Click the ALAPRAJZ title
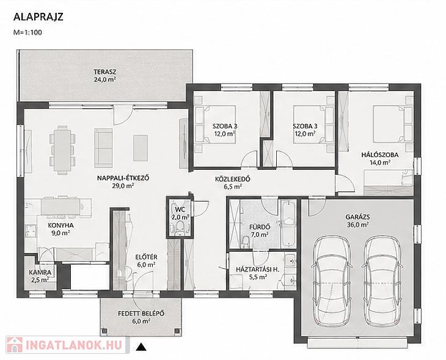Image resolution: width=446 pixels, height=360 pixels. (x=38, y=17)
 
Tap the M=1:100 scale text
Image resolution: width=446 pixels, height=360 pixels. (x=27, y=32)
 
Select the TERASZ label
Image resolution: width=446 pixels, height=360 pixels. (x=105, y=72)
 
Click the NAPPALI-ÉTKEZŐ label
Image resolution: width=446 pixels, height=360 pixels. (x=123, y=178)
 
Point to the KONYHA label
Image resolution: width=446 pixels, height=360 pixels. (x=60, y=226)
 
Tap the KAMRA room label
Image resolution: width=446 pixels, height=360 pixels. (x=40, y=273)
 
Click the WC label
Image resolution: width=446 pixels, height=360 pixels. (x=180, y=210)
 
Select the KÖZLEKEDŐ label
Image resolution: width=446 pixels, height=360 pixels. (x=232, y=179)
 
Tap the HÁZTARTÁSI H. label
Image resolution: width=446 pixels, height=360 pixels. (x=258, y=269)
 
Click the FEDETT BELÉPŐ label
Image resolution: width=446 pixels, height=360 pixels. (x=141, y=314)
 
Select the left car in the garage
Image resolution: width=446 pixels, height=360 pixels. (x=331, y=281)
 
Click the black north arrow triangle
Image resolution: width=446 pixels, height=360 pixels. (x=141, y=347)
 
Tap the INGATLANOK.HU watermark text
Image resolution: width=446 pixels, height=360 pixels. (x=74, y=345)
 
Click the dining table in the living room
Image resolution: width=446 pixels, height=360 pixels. (x=62, y=150)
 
